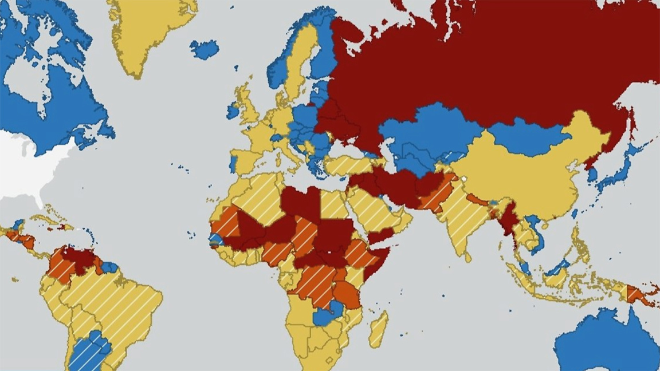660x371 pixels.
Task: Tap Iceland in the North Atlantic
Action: click(x=204, y=49)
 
